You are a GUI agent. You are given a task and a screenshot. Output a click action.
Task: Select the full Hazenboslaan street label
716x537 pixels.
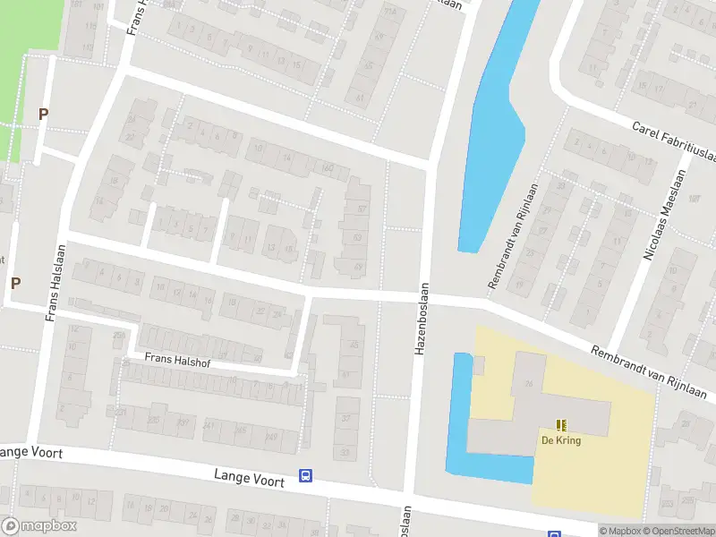[x=420, y=320]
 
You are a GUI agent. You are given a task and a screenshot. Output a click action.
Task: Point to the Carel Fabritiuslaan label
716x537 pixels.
[x=674, y=144]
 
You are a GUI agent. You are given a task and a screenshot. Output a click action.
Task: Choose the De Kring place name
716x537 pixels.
[x=560, y=440]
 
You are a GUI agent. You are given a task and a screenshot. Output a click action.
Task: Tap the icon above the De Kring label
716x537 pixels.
[x=561, y=425]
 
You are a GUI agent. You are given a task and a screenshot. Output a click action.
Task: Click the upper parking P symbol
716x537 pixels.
[x=42, y=115]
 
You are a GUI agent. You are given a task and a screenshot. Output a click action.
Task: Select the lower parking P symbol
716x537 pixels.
[x=15, y=284]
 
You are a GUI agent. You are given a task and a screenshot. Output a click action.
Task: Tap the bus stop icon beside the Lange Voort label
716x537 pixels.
[x=305, y=476]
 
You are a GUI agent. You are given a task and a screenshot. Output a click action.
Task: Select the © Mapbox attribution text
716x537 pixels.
[x=620, y=531]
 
